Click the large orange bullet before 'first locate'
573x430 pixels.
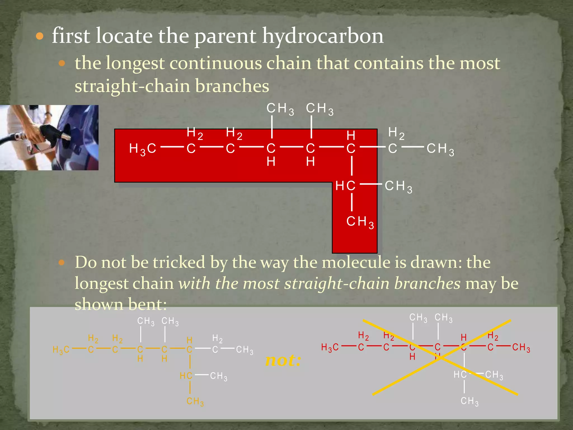pyautogui.click(x=40, y=36)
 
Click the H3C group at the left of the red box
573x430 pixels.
pyautogui.click(x=142, y=149)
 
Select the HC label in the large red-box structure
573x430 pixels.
pyautogui.click(x=345, y=186)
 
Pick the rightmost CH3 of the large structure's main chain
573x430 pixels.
pyautogui.click(x=440, y=149)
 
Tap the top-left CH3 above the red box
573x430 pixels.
pyautogui.click(x=280, y=109)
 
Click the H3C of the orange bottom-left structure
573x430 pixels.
pyautogui.click(x=61, y=350)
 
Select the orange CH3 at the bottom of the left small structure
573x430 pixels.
pyautogui.click(x=195, y=401)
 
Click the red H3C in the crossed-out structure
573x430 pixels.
pyautogui.click(x=330, y=348)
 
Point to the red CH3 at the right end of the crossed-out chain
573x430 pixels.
pyautogui.click(x=521, y=348)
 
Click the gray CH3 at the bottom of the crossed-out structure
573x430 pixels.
pyautogui.click(x=469, y=401)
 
